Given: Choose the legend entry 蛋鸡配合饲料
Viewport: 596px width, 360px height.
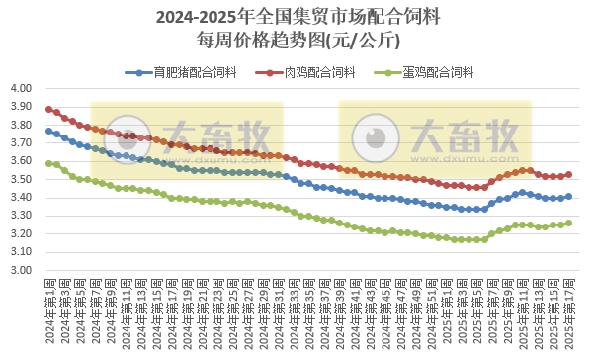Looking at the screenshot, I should click(440, 72).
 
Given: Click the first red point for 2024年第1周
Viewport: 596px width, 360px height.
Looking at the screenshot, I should click(48, 109).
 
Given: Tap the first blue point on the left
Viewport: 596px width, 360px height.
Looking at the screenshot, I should click(48, 131).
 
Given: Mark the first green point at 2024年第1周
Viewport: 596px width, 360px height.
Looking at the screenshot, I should click(48, 163).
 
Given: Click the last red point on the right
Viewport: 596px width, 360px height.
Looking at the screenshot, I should click(568, 174).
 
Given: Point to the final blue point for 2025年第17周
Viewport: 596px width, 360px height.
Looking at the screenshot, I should click(568, 196).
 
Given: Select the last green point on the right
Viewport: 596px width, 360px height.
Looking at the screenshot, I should click(568, 223).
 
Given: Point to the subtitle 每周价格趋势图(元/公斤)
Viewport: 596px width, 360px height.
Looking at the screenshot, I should click(298, 41).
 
